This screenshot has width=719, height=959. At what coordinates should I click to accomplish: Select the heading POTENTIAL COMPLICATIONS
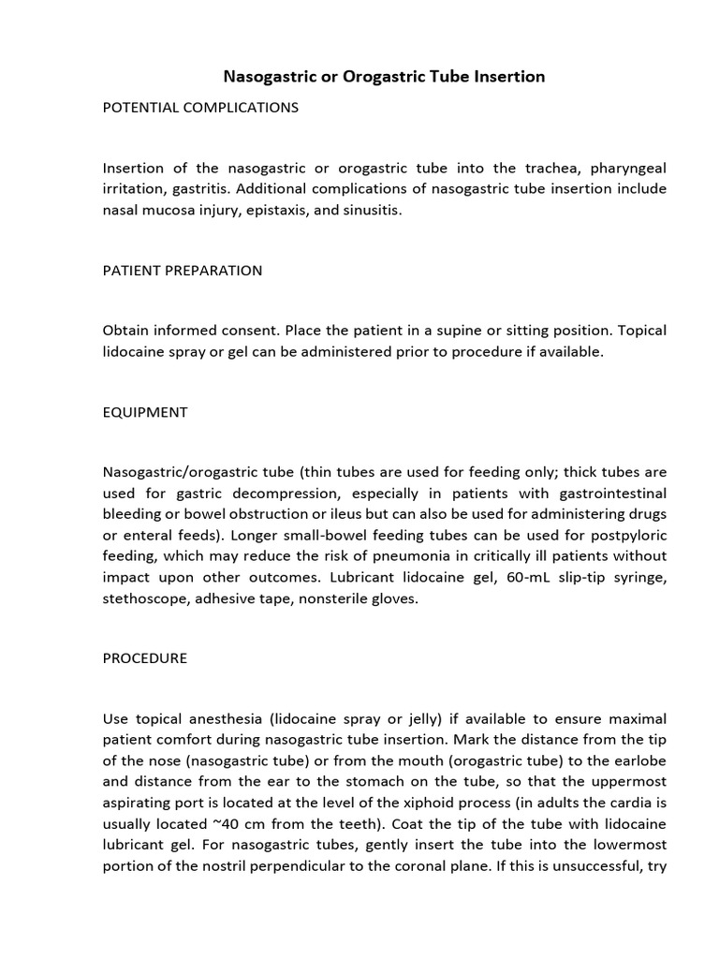(200, 108)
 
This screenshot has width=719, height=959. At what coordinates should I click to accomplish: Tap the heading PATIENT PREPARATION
(183, 271)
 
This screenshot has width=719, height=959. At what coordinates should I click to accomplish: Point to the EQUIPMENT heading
(145, 413)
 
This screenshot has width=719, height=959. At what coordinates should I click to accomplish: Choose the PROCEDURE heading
(145, 658)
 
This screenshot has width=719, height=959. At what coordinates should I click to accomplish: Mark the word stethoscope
(144, 598)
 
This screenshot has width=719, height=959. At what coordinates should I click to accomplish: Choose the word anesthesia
(228, 719)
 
